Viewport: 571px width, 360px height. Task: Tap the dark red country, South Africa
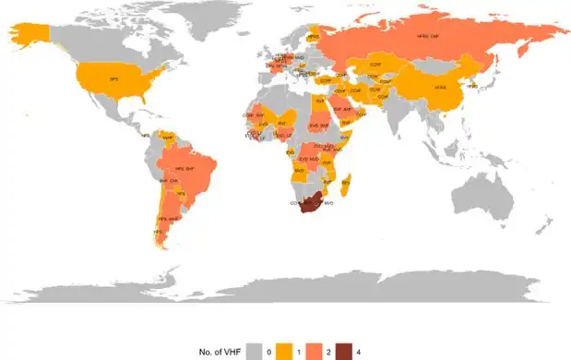point(314,204)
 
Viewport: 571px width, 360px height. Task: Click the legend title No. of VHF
point(220,352)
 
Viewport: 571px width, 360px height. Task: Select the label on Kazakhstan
point(375,66)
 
